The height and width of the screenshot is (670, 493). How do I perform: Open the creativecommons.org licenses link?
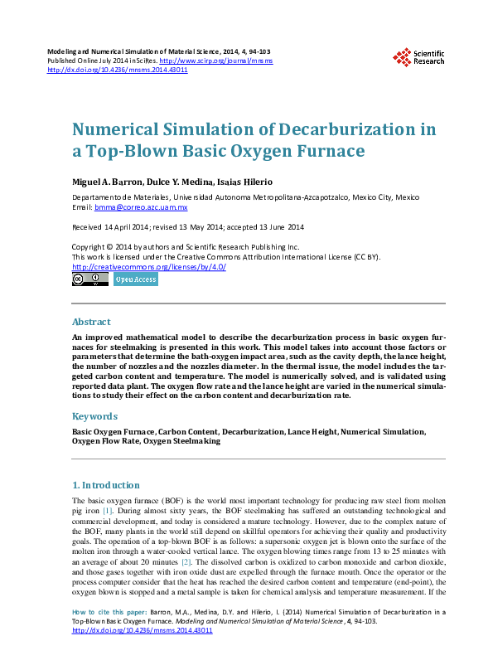[149, 266]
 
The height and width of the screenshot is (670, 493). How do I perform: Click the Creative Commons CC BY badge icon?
[89, 280]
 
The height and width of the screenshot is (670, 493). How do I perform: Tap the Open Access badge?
[135, 280]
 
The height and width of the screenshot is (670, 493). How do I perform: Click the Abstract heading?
[91, 322]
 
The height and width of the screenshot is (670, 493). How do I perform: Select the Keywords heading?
[94, 416]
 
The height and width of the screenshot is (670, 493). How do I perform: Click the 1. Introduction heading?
[106, 485]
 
